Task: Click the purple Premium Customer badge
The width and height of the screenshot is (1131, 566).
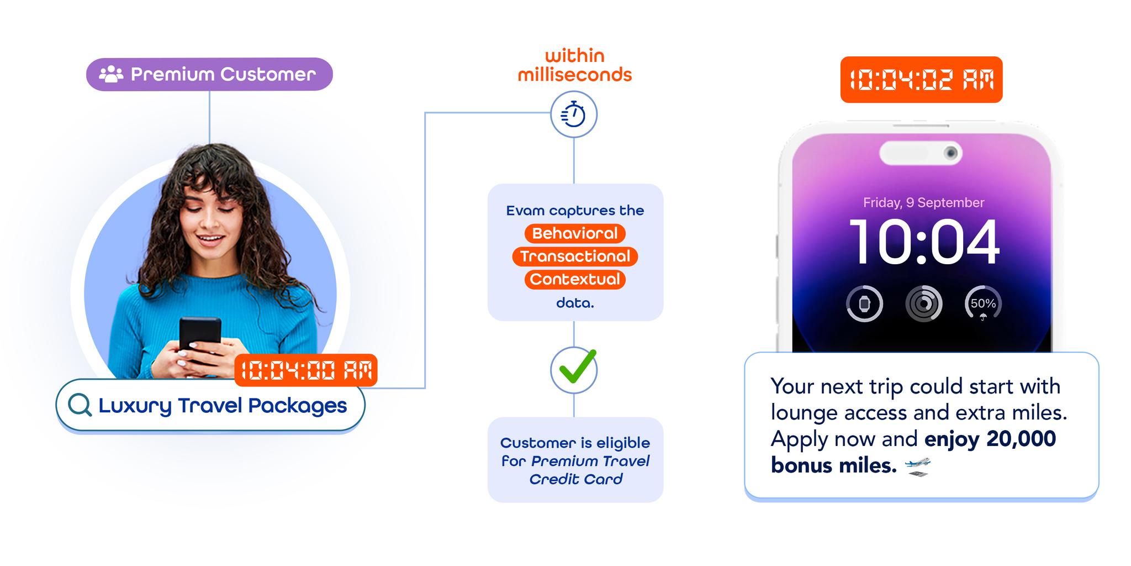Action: [x=209, y=74]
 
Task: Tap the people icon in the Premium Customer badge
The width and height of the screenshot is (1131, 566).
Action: [x=111, y=74]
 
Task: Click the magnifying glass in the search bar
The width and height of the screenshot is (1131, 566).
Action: [x=80, y=405]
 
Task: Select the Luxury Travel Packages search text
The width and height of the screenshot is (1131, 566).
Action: [x=223, y=405]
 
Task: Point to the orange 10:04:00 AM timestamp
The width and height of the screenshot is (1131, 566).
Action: [x=306, y=370]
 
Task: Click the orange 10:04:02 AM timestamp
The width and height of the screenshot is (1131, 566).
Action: [x=921, y=80]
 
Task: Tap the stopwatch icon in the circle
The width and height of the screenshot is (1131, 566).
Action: [x=574, y=114]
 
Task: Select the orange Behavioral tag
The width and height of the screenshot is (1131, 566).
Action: [x=575, y=233]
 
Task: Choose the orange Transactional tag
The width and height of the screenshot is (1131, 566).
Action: [x=575, y=256]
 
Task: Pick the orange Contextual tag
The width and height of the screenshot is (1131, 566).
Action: [x=575, y=279]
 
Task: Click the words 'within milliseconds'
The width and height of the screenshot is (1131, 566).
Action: [x=574, y=65]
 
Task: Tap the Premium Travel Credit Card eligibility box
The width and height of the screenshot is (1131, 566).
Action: [x=575, y=460]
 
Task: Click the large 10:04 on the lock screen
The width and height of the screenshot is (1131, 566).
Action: [x=924, y=242]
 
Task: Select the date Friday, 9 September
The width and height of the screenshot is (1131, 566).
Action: [x=923, y=203]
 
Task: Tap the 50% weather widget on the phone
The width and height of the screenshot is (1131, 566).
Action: [x=983, y=303]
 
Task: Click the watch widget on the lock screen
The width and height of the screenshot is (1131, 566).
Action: [x=864, y=303]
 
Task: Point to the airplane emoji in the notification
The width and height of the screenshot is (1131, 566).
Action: [x=918, y=466]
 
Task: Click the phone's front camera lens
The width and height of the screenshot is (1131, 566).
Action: [x=950, y=153]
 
